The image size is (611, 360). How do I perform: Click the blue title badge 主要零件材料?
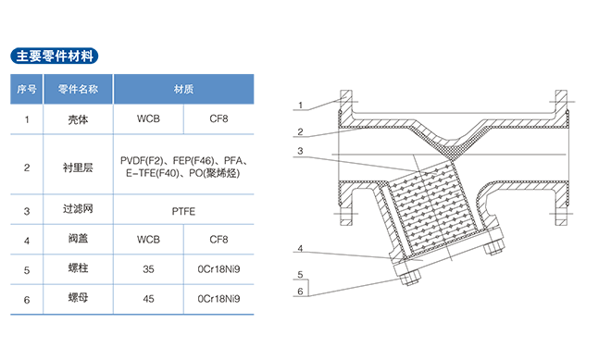[55, 56]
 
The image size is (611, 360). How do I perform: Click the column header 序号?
[27, 89]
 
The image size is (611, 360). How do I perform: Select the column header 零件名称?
[78, 89]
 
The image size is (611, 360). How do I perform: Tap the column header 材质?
[183, 89]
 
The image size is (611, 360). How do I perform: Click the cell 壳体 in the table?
[78, 119]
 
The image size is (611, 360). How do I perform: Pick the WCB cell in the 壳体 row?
[148, 118]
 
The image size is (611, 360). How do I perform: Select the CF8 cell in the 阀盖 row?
[218, 239]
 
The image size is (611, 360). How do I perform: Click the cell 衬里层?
[78, 168]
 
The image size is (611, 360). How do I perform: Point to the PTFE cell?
[183, 211]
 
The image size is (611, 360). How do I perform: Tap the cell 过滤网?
[78, 209]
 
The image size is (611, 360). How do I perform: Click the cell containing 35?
[148, 269]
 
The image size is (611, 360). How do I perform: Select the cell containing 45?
[148, 299]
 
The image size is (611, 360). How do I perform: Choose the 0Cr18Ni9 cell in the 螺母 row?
[218, 299]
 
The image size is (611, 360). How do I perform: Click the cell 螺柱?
[78, 268]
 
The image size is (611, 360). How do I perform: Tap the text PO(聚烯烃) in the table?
[215, 173]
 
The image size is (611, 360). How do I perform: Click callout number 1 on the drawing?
[301, 106]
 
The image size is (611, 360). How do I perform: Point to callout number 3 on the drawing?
[300, 151]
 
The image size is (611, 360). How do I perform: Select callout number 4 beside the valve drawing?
[300, 248]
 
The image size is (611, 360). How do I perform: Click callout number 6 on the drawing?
[300, 292]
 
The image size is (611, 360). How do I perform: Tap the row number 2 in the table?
[27, 168]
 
